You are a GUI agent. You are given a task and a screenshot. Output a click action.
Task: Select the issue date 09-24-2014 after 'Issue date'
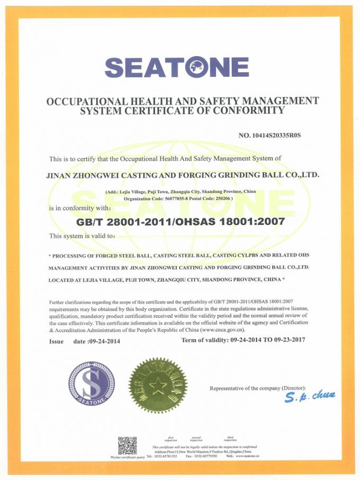105,342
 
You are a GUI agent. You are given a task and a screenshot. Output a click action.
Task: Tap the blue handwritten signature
309,397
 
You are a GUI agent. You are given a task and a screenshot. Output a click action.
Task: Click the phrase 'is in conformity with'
79,208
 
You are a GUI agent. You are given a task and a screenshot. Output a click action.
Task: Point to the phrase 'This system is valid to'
82,236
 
